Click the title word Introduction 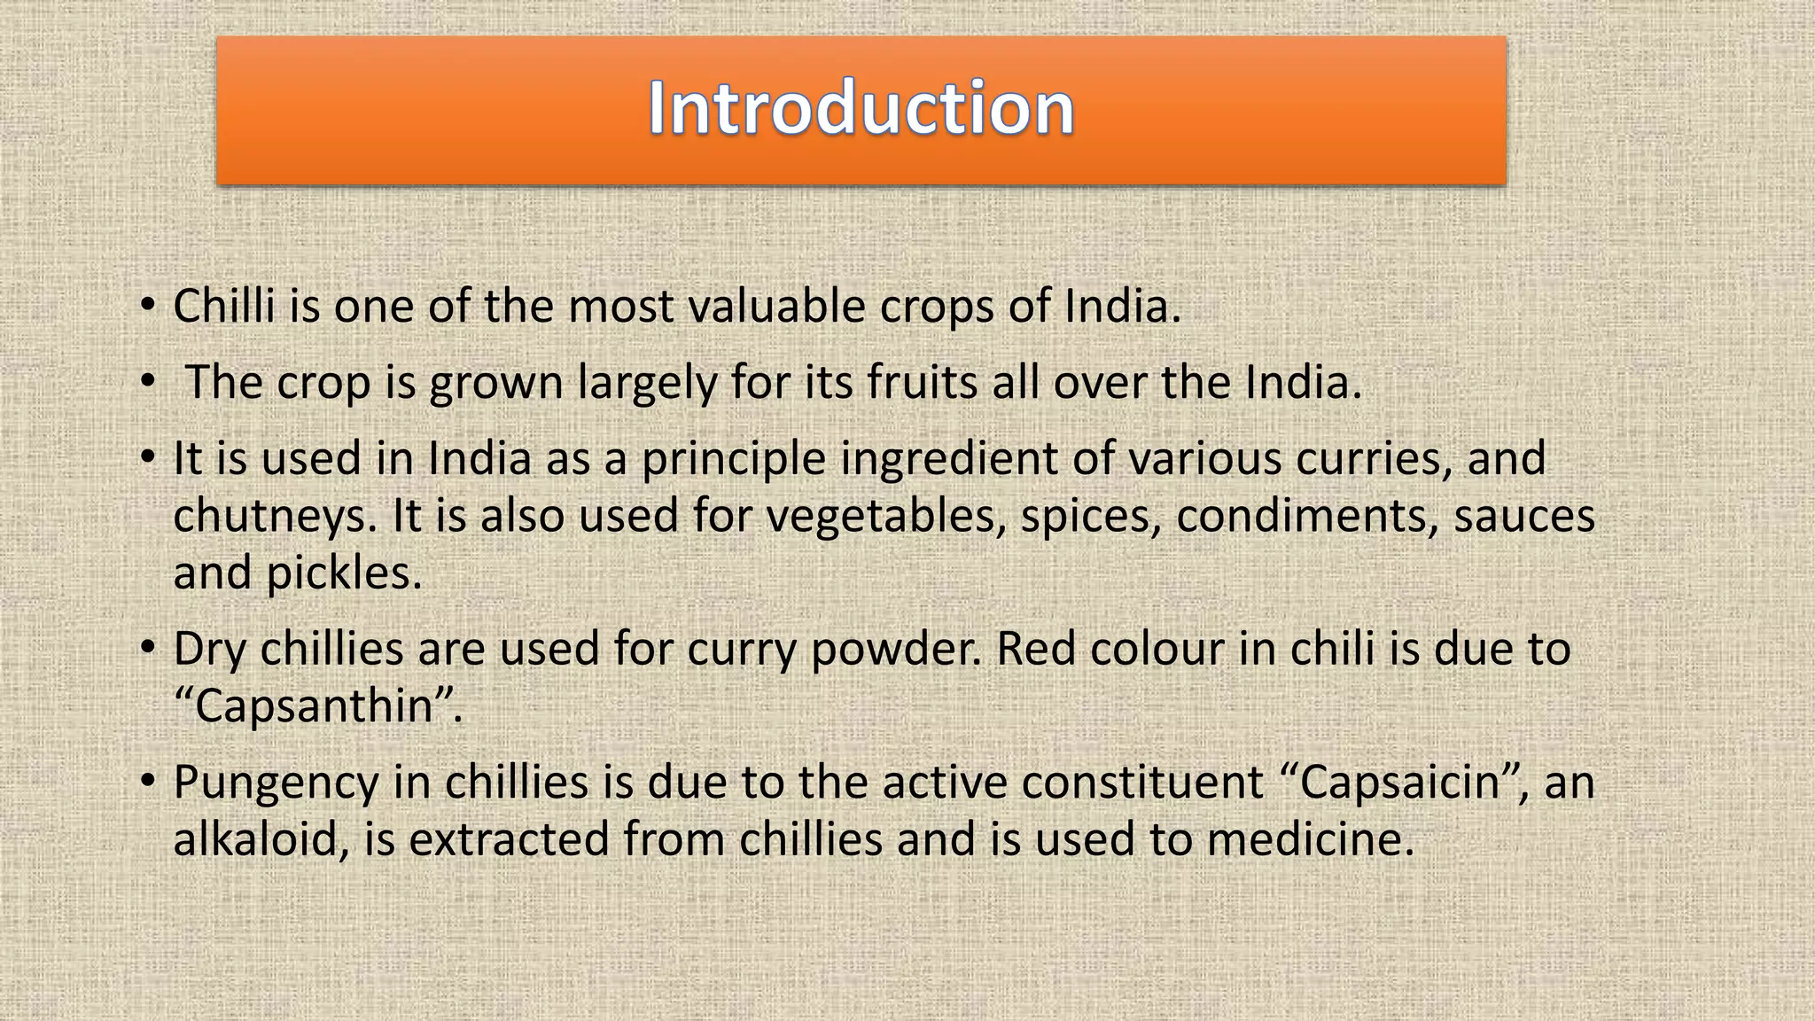(861, 108)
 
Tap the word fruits (923, 383)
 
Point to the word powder (896, 650)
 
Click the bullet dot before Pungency (147, 781)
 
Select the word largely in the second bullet (647, 383)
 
